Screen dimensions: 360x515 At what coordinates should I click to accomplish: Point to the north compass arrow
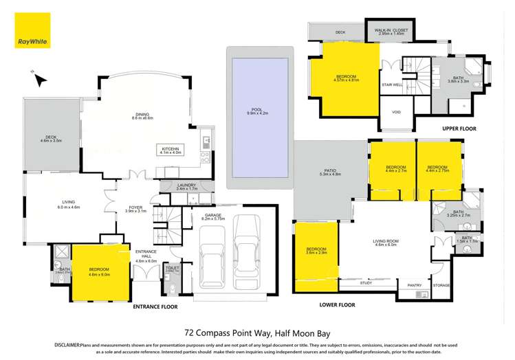(x=39, y=78)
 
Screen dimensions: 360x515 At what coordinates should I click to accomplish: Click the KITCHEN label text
(x=170, y=148)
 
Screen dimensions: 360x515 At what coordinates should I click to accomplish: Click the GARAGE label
(x=212, y=214)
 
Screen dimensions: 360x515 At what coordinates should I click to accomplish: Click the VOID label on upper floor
(x=396, y=113)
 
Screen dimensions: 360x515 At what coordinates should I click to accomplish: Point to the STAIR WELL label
(x=391, y=85)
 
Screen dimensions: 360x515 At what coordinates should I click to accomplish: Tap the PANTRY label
(x=415, y=284)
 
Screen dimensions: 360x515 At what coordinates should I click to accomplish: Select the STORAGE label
(x=441, y=284)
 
